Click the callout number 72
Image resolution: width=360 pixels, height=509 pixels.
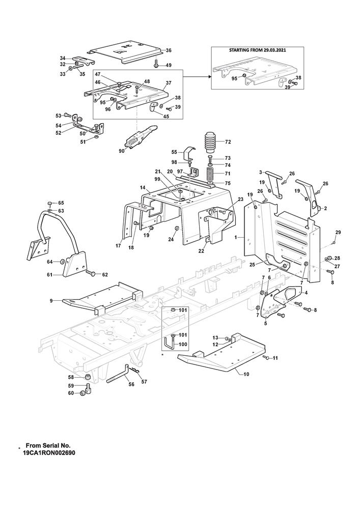point(228,142)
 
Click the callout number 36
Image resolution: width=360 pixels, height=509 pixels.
point(169,50)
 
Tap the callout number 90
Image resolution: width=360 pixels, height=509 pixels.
point(121,151)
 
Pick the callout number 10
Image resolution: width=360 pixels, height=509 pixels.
point(246,374)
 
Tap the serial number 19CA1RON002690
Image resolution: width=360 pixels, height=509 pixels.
point(48,452)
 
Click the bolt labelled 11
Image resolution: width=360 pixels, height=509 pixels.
point(266,359)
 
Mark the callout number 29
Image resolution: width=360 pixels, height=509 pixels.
point(338,233)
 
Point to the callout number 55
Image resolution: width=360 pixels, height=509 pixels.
point(174,152)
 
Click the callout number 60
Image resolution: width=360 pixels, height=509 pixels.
point(71,393)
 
